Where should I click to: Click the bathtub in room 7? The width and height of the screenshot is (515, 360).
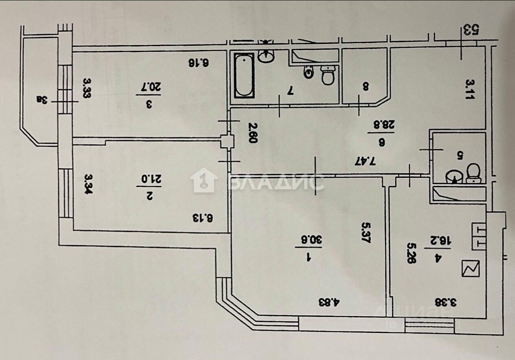(x=244, y=76)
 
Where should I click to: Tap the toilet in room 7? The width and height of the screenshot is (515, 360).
(x=328, y=75)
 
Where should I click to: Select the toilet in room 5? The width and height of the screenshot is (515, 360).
(x=473, y=172)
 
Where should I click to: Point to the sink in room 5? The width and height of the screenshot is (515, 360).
(x=454, y=176)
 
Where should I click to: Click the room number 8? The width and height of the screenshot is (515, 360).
(x=365, y=86)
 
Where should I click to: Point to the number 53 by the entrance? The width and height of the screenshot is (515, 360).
(x=470, y=31)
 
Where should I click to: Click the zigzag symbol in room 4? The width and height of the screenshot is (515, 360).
(x=471, y=269)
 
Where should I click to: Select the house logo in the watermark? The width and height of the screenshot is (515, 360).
(x=204, y=180)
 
